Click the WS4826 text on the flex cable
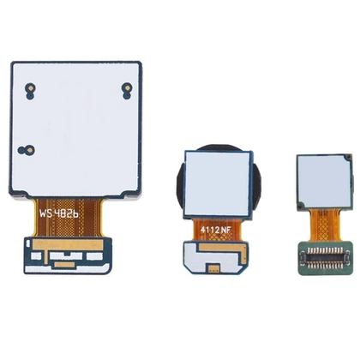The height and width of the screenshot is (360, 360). (58, 213)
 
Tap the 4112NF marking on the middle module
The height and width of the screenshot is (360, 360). (215, 230)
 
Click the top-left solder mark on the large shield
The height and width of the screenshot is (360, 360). (30, 91)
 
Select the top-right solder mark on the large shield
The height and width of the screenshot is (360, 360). (127, 91)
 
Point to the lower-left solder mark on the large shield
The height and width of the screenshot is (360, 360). (27, 150)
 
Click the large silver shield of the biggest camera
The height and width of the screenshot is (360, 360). (76, 129)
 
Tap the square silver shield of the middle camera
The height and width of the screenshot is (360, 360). (218, 183)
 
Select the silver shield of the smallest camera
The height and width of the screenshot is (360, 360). (324, 183)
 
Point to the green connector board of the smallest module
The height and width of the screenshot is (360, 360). (325, 258)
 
